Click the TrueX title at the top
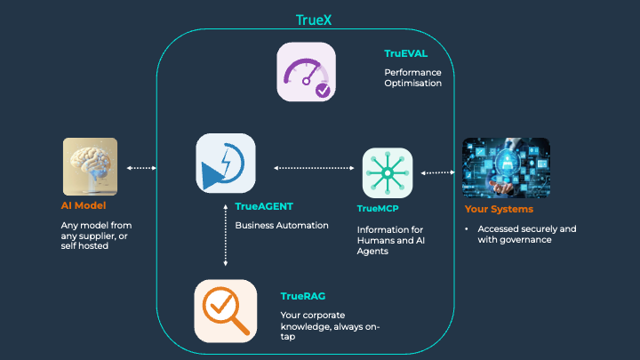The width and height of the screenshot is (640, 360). coord(318,19)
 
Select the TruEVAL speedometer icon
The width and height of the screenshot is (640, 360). coord(306,71)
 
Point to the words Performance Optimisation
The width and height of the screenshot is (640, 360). coord(412,77)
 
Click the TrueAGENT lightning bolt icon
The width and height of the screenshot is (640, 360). coord(226,163)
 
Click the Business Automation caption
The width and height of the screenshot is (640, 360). coord(282,225)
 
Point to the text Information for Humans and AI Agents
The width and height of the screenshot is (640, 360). coord(390,239)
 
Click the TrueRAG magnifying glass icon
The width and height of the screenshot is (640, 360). coord(226,310)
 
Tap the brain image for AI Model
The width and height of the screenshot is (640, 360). coord(91,166)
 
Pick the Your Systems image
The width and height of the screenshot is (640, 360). coord(507,166)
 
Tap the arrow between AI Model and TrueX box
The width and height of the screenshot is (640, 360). coord(142,167)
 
